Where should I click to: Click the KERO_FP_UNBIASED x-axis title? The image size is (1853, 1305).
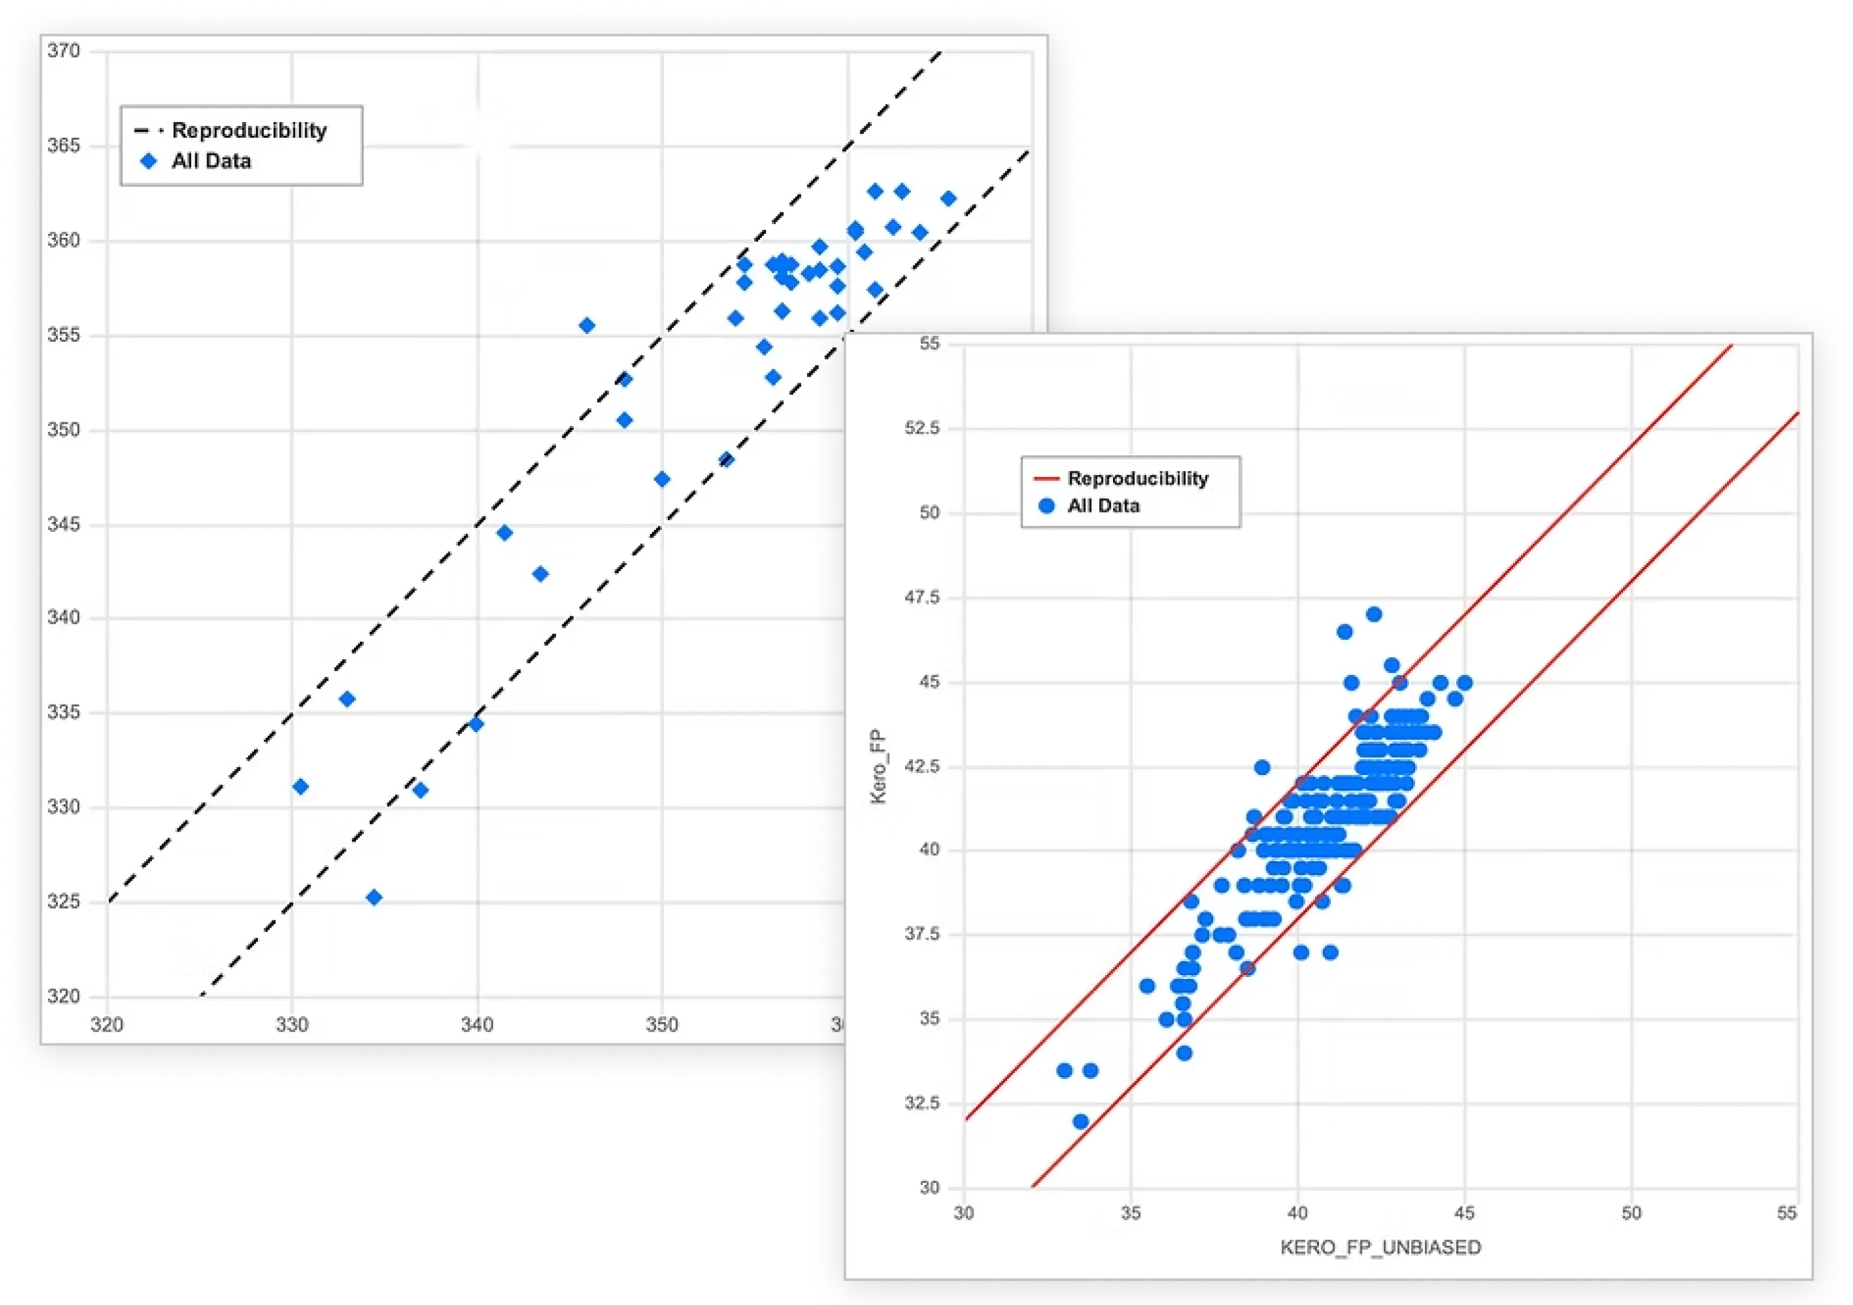tap(1380, 1247)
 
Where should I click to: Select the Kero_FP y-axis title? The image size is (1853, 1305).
tap(878, 766)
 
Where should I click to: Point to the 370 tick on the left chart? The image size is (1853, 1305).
tap(64, 51)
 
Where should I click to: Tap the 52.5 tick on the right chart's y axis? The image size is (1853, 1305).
tap(923, 427)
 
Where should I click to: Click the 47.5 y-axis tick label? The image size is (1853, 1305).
tap(923, 597)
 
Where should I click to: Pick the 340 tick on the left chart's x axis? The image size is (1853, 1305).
tap(477, 1025)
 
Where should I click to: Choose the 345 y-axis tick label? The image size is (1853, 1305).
tap(64, 525)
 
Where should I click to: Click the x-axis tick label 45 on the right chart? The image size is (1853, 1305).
tap(1464, 1213)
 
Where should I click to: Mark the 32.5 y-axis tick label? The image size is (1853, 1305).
tap(923, 1103)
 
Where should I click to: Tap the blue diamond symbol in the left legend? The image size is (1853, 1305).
tap(149, 161)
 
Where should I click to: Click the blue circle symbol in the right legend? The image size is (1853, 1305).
tap(1047, 506)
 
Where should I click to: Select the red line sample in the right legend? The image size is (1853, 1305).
tap(1046, 479)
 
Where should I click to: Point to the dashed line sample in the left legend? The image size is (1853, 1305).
tap(149, 131)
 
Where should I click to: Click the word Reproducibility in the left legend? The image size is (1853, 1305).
tap(249, 131)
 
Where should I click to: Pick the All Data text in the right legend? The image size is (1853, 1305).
tap(1103, 506)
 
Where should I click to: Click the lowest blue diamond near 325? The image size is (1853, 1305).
tap(374, 898)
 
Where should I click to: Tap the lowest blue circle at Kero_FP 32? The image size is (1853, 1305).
tap(1080, 1122)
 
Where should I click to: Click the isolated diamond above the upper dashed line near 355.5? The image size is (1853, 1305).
tap(587, 325)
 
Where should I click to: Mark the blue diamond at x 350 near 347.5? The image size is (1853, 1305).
tap(662, 479)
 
